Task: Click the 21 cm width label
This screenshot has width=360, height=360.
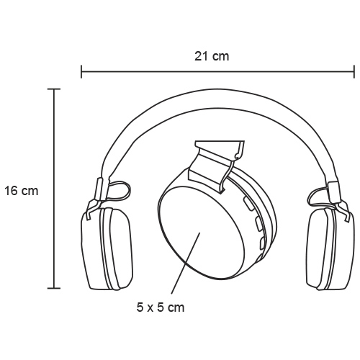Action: tap(212, 56)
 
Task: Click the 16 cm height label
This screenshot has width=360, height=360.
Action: tap(22, 191)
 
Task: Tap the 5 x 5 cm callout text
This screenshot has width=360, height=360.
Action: tap(161, 307)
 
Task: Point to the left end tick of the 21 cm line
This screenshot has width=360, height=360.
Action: tap(81, 71)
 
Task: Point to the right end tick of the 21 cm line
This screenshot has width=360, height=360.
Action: tap(354, 71)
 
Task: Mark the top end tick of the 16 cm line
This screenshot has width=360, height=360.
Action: tap(54, 89)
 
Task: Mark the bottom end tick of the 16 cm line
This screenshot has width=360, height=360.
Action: tap(54, 288)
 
